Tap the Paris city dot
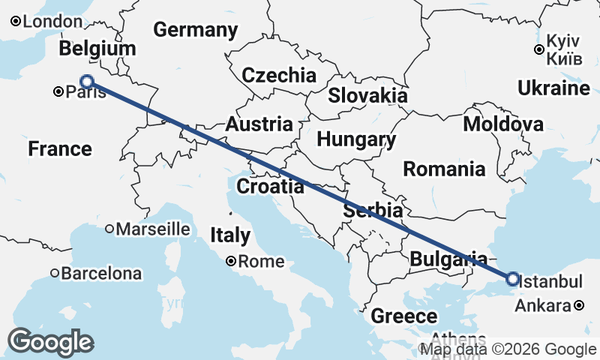58,92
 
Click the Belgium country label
97,49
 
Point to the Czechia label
279,75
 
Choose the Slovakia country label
367,95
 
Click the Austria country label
259,124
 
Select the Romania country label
444,169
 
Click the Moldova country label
503,124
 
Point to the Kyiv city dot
538,49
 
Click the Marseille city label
153,228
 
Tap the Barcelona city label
100,274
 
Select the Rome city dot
232,261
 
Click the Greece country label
404,316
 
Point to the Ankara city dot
579,306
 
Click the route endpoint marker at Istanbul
512,279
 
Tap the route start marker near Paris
87,81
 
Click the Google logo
51,342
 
